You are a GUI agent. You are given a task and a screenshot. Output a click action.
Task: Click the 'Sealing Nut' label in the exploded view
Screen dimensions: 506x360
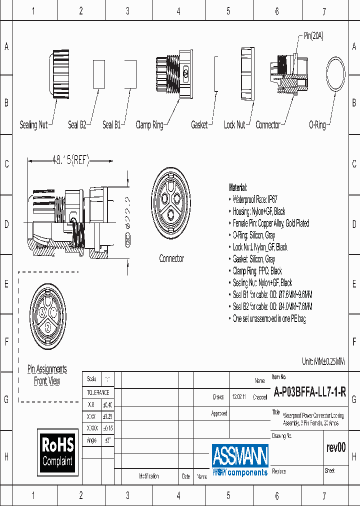click(x=33, y=125)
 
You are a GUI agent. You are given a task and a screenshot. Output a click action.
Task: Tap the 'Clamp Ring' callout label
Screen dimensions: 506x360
click(x=149, y=125)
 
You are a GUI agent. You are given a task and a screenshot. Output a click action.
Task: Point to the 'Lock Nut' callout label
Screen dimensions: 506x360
click(x=234, y=125)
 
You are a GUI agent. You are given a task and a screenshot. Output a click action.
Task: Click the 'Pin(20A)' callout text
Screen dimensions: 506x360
click(x=313, y=36)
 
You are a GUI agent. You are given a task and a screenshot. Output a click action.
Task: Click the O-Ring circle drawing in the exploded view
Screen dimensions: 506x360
click(x=335, y=75)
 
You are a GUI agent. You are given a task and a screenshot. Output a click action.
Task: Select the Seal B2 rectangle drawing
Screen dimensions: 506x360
click(x=98, y=74)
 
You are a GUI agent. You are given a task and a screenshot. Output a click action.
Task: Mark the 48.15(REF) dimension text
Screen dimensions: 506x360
click(x=70, y=160)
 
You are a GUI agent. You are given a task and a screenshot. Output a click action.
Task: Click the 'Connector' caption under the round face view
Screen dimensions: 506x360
click(x=171, y=258)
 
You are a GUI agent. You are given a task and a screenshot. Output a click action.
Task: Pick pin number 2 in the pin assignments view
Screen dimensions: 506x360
click(x=47, y=327)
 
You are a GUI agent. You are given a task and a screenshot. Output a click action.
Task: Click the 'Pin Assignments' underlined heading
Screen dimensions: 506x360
click(x=47, y=369)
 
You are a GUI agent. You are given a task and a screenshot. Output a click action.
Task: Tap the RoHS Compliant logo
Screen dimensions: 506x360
click(x=57, y=451)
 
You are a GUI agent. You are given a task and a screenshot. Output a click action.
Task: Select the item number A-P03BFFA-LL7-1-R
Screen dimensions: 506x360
click(x=310, y=392)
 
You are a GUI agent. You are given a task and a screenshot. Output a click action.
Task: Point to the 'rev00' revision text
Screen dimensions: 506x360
click(x=335, y=447)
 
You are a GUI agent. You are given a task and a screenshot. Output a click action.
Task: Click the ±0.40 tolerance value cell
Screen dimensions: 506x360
click(x=107, y=404)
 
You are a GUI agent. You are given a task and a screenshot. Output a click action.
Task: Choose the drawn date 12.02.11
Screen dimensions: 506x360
click(x=238, y=397)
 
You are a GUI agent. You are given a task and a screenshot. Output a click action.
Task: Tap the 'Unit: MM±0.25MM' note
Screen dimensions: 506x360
click(x=323, y=361)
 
